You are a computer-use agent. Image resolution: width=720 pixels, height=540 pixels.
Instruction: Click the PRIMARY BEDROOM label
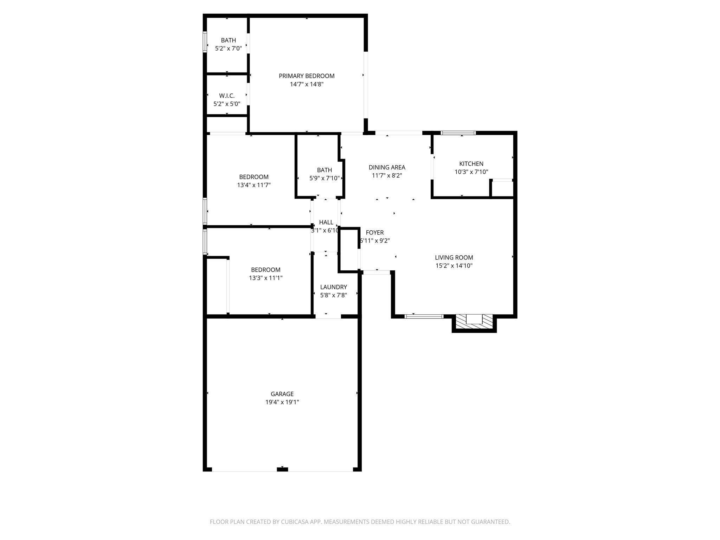[307, 76]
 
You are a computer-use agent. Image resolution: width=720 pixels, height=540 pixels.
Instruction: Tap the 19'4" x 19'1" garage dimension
[282, 402]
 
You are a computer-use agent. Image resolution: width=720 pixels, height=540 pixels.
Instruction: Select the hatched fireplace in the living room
[474, 322]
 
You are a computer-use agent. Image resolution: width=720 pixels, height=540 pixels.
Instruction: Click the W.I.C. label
[227, 96]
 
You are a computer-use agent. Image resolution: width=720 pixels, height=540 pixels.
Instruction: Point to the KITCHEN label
[471, 164]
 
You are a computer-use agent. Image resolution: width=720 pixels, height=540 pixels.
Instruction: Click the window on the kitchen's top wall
[458, 133]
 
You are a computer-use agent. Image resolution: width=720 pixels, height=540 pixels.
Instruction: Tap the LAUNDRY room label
[333, 287]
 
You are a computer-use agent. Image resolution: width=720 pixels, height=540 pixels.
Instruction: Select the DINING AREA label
[387, 168]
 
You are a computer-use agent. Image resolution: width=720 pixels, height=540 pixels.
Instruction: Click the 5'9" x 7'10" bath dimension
[324, 178]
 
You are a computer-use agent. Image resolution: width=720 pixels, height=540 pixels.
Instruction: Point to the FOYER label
[375, 233]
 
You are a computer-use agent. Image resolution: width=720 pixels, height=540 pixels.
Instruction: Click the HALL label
[326, 223]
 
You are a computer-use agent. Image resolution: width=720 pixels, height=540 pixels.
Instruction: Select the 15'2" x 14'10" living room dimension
[454, 266]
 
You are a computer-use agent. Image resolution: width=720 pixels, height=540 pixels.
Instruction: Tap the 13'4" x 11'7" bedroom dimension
[254, 185]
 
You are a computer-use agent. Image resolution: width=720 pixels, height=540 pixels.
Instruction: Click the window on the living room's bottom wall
[424, 316]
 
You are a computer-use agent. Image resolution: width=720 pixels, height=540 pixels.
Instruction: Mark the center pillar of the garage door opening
[282, 469]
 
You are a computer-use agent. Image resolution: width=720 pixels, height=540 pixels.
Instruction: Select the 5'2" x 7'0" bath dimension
[229, 49]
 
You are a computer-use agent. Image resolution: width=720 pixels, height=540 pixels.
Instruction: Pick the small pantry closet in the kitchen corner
[502, 189]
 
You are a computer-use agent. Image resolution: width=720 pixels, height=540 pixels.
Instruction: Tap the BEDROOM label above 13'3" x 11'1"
[265, 270]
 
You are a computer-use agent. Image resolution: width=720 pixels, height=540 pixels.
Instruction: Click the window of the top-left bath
[205, 42]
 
